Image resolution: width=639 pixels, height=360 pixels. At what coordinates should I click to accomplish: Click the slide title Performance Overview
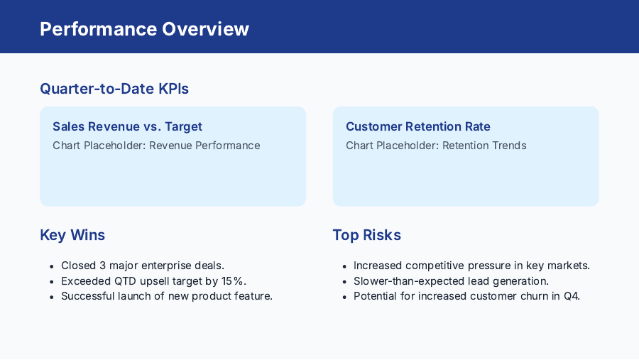pos(144,29)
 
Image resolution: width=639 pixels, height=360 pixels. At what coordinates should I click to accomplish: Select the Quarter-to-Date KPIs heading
pos(114,89)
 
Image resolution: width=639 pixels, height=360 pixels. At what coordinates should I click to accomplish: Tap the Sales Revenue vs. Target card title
pos(127,126)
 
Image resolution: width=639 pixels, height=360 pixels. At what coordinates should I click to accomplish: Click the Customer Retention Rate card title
pos(417,126)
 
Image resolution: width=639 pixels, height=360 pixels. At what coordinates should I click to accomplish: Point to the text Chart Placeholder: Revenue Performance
pos(156,146)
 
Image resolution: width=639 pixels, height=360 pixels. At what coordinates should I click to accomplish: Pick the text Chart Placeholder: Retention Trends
pos(436,146)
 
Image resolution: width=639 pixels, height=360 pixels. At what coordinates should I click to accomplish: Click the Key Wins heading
pos(72,235)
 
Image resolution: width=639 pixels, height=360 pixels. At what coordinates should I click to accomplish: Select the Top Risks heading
pos(366,235)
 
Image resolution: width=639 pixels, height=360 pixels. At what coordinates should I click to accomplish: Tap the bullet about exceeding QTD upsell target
pos(153,280)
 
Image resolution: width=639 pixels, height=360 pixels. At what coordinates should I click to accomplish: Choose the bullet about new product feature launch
pos(166,296)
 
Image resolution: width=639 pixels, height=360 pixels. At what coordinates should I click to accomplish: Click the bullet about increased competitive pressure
pos(471,266)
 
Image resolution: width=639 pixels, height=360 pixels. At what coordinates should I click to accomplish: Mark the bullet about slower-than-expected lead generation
pos(451,280)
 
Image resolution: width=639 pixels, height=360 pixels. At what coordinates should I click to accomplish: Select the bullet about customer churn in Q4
pos(466,296)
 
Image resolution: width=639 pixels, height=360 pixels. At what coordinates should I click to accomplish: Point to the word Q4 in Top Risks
pos(571,296)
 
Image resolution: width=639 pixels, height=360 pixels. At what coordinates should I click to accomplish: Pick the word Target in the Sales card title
pos(183,126)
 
